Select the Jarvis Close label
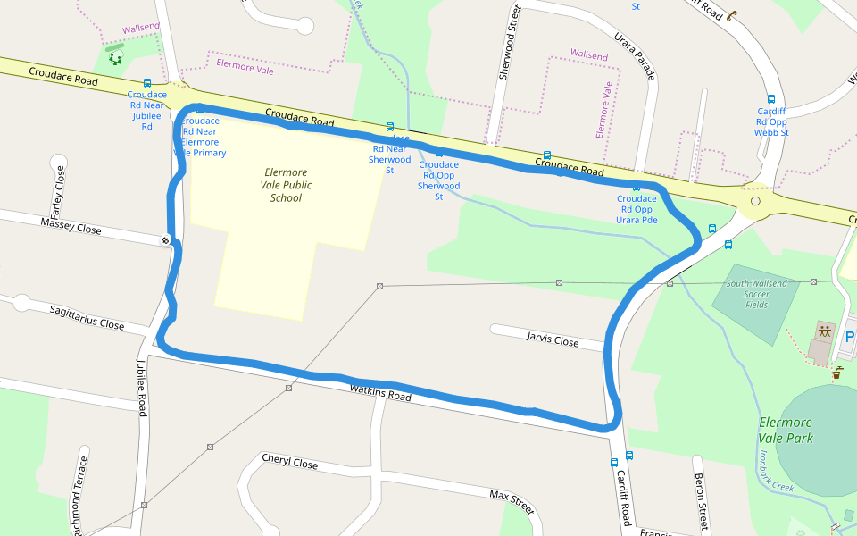[552, 339]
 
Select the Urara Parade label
[635, 55]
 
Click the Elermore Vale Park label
[786, 430]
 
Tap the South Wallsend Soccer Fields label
[756, 294]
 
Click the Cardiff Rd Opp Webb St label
[772, 121]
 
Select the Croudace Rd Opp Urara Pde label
[637, 209]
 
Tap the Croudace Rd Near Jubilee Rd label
[146, 110]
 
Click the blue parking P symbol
[849, 337]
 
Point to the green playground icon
[115, 59]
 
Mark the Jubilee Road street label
[141, 387]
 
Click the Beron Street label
[701, 502]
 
